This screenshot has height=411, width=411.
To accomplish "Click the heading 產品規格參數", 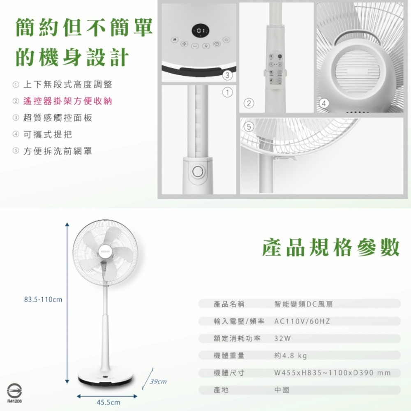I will click(x=331, y=247).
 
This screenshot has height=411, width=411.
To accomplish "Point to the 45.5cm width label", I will click(x=108, y=402).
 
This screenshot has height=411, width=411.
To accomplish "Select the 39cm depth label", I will click(x=158, y=382).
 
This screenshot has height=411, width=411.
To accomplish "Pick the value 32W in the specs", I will click(x=282, y=338).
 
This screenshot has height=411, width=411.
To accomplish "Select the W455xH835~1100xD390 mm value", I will click(x=332, y=373).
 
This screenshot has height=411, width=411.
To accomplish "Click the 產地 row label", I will click(x=221, y=390).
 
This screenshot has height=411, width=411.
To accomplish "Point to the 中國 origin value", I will click(x=282, y=390).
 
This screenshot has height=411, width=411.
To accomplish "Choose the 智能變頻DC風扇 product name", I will click(x=303, y=304).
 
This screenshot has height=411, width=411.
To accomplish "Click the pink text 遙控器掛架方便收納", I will click(x=67, y=101).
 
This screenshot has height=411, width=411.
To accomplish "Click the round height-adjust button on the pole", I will click(x=199, y=171).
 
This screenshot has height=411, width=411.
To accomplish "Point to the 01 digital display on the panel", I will click(x=201, y=30).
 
